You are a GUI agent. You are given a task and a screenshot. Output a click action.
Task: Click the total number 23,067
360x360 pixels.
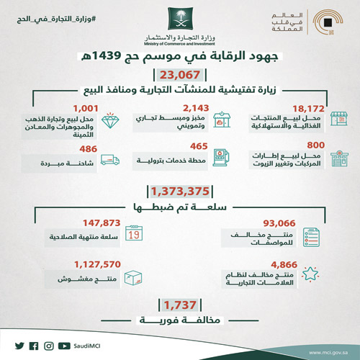180,75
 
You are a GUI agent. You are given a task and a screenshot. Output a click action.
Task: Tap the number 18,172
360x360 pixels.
286,104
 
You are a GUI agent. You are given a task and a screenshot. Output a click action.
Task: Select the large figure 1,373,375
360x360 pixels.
180,192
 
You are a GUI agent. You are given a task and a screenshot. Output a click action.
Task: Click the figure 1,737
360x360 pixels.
180,305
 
